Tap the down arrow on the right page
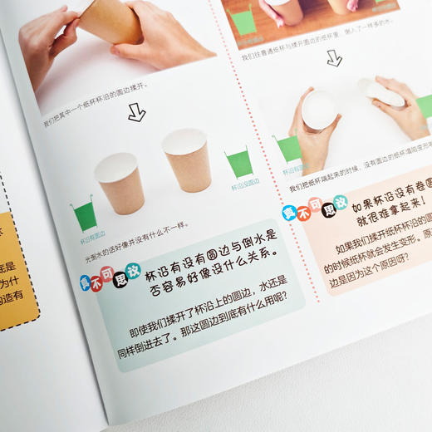pos(334,58)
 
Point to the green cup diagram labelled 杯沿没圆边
pos(238,162)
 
